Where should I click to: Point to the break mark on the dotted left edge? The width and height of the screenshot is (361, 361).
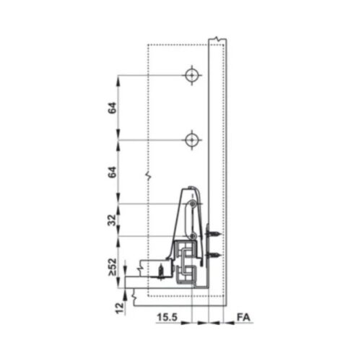(x=147, y=175)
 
